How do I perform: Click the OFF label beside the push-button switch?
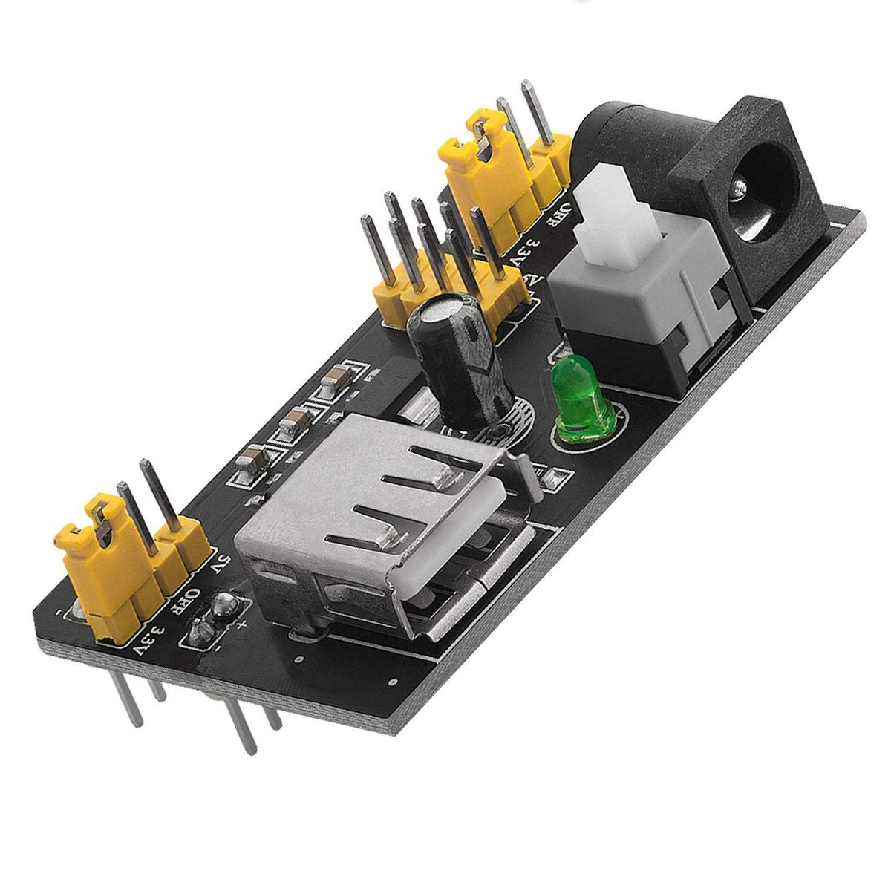pos(562,215)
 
